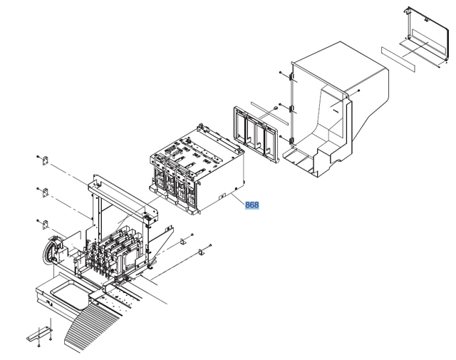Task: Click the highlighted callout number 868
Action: [x=252, y=205]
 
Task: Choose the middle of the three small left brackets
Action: [x=43, y=192]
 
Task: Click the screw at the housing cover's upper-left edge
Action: [x=282, y=73]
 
